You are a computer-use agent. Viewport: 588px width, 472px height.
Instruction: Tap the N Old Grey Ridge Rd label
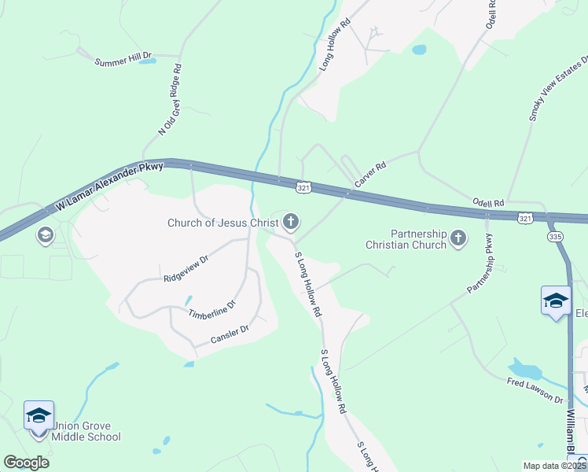tap(170, 100)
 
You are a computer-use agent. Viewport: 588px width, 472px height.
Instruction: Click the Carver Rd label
tap(370, 175)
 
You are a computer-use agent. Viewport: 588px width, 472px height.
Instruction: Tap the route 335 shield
tap(555, 236)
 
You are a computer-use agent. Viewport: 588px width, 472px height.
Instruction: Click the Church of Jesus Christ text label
tap(222, 223)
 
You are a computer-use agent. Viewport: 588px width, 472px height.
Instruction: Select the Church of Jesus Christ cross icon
tap(291, 223)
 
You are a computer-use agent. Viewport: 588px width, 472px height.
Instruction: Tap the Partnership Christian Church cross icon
tap(458, 238)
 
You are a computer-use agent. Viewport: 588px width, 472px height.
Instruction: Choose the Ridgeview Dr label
tap(186, 268)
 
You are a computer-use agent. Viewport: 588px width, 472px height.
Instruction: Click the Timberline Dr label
tap(211, 309)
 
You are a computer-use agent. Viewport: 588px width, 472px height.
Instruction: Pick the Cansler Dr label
tap(230, 334)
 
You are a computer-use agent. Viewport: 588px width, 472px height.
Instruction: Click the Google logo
tap(27, 463)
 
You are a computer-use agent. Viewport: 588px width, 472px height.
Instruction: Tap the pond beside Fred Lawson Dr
tap(524, 369)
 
